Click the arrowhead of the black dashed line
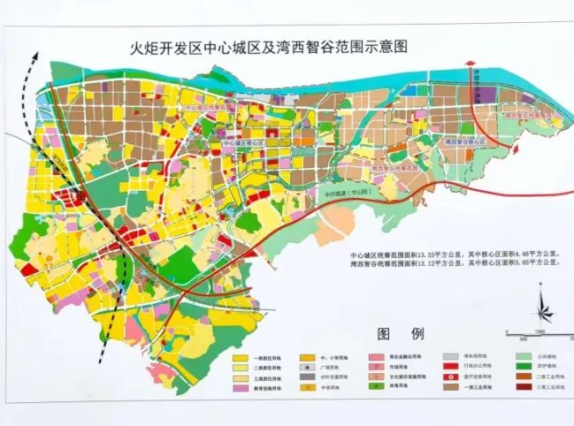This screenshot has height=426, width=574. point(36,54)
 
